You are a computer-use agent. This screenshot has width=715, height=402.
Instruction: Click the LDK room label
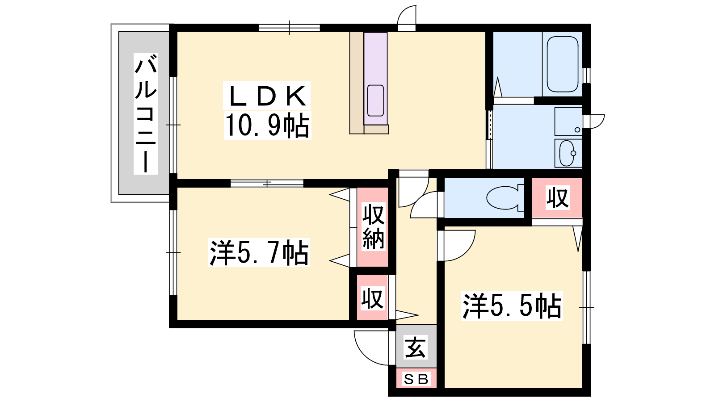click(267, 96)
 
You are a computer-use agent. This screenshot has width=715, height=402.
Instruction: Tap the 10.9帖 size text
click(267, 126)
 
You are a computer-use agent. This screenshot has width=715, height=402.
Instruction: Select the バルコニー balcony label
click(146, 113)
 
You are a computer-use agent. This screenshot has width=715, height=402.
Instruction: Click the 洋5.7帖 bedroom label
click(259, 252)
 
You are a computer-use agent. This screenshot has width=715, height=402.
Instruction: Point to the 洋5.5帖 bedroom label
click(512, 306)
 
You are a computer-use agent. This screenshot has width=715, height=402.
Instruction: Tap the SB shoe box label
click(416, 379)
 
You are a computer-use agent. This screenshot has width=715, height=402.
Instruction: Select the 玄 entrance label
click(415, 347)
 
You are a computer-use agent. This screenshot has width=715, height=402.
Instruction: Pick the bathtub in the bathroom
click(563, 64)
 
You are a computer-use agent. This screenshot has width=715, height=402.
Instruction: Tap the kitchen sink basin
click(375, 100)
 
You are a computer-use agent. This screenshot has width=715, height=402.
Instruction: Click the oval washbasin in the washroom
click(567, 154)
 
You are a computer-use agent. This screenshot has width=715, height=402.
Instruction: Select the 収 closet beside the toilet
click(557, 198)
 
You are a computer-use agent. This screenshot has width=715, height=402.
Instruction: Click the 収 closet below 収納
click(372, 297)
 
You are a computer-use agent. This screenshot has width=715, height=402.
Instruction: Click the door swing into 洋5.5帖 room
click(466, 252)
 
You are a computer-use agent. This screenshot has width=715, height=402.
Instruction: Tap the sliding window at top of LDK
click(289, 28)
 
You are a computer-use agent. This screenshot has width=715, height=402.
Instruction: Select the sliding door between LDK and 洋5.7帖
click(267, 184)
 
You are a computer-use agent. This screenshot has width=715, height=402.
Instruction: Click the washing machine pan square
click(568, 121)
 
